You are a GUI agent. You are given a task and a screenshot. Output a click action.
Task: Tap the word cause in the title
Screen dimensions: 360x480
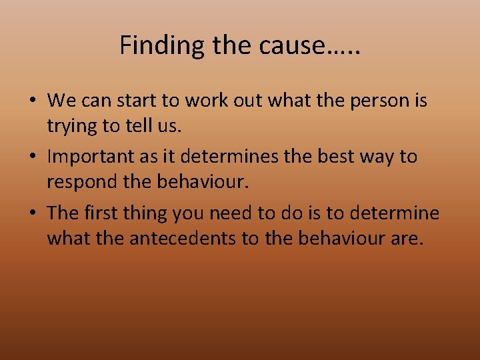coord(293,45)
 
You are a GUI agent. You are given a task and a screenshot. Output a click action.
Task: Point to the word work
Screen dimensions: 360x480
coord(213,101)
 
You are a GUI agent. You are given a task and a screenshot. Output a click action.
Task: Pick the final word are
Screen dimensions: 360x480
coord(407,237)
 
